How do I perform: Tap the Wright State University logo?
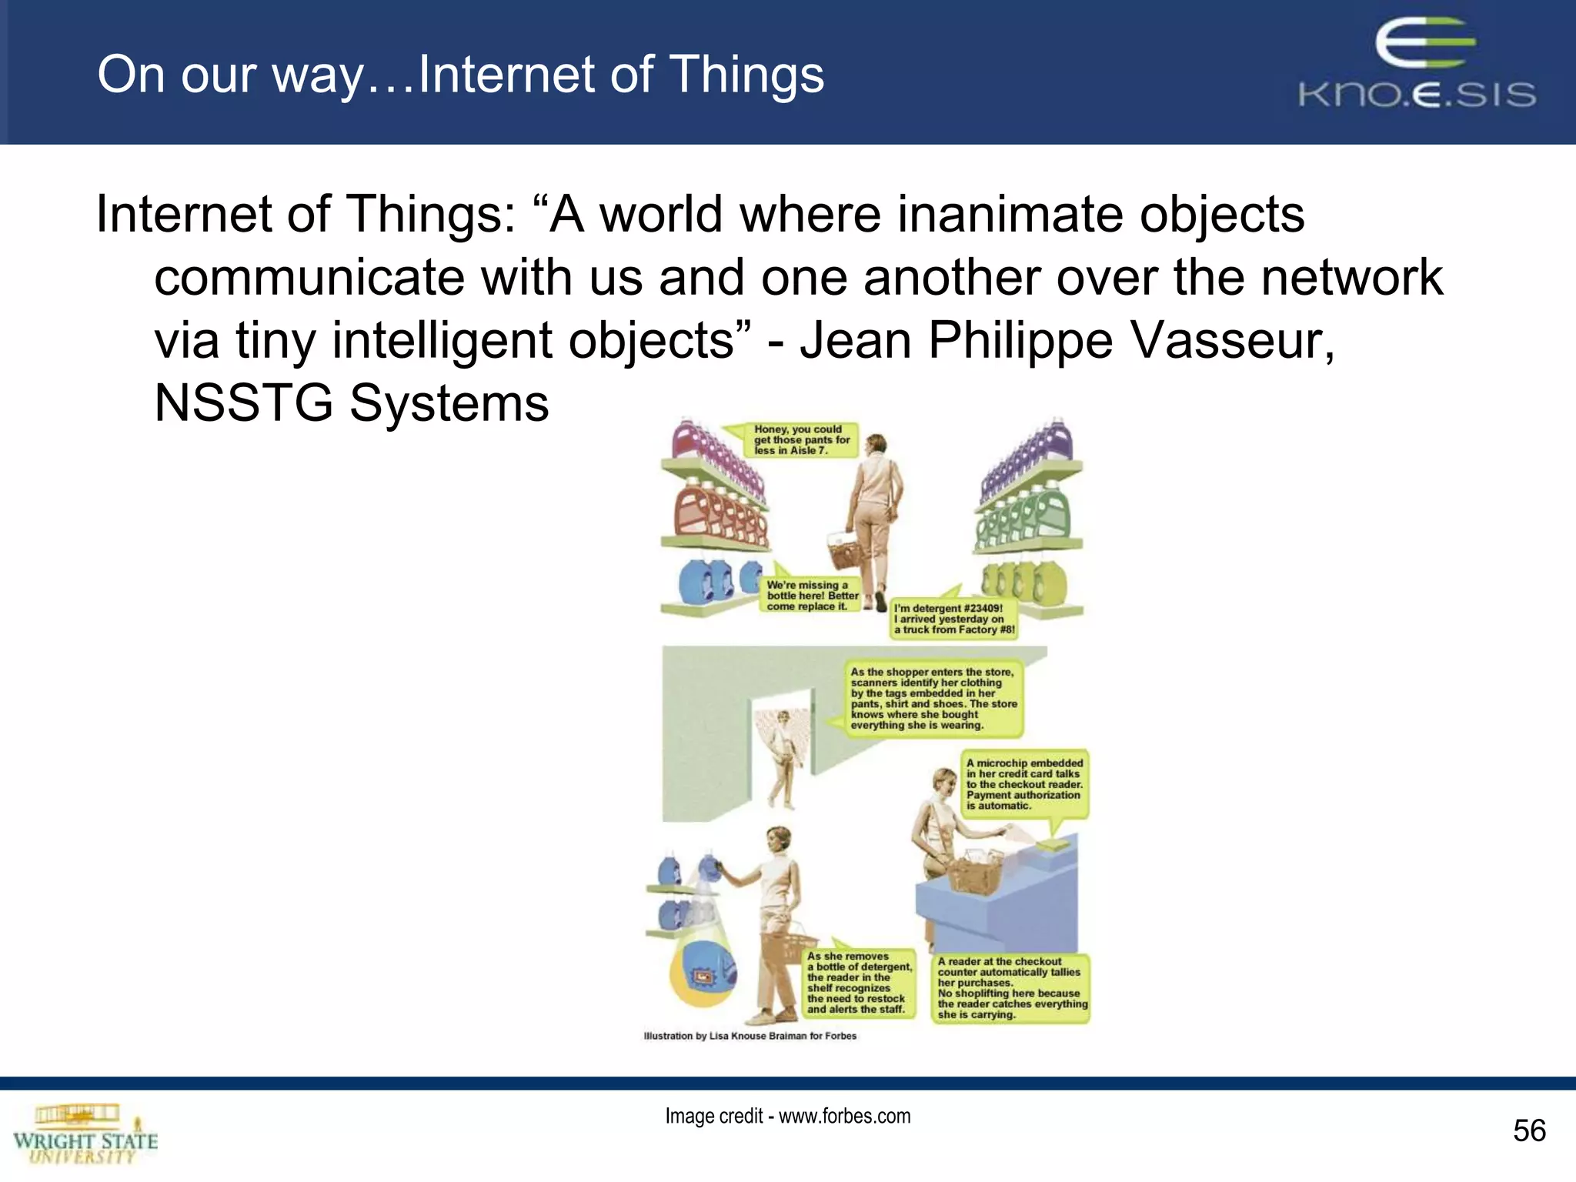tap(85, 1135)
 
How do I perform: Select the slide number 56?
tap(1528, 1130)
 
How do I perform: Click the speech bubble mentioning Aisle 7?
tap(800, 440)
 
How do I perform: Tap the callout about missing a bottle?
tap(812, 596)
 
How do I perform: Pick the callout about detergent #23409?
tap(953, 619)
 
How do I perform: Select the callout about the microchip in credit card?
tap(1024, 784)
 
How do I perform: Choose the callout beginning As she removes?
tap(859, 983)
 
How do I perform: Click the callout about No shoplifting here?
tap(1011, 988)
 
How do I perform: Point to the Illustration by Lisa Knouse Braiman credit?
tap(750, 1036)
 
